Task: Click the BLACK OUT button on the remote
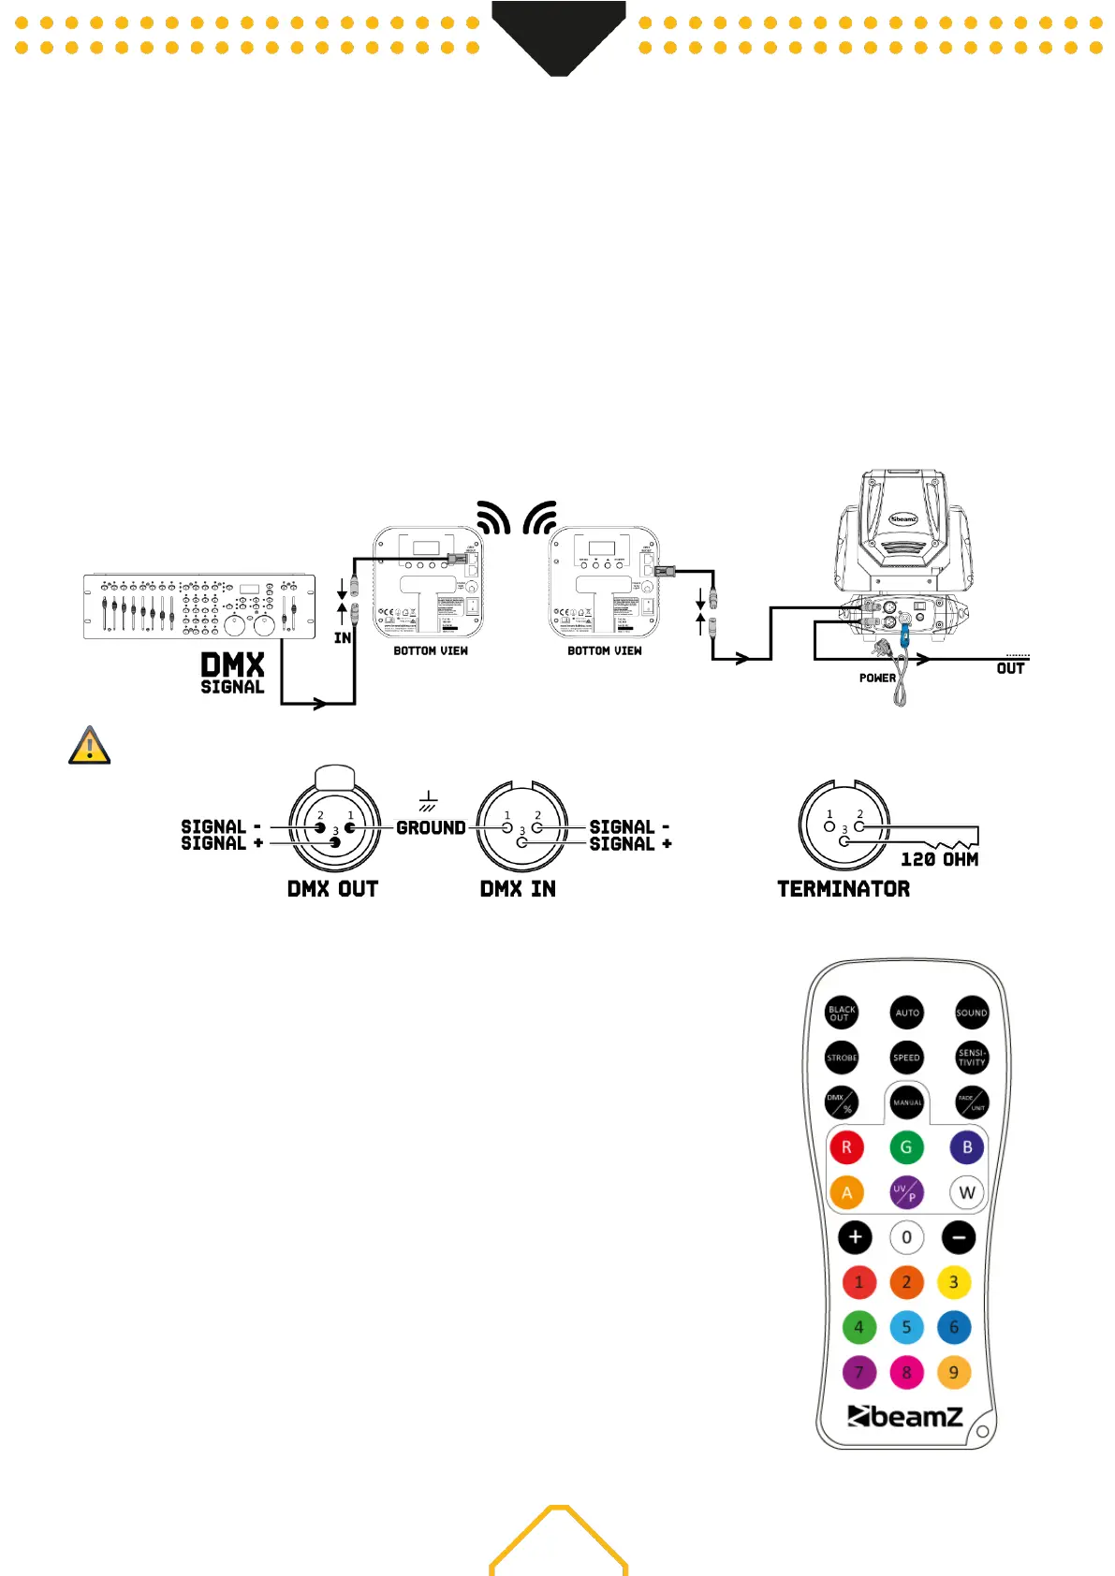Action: pyautogui.click(x=842, y=1013)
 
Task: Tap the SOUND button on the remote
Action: pyautogui.click(x=971, y=1013)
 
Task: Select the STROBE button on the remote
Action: pyautogui.click(x=842, y=1058)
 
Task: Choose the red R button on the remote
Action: pyautogui.click(x=846, y=1147)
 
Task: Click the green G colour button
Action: pyautogui.click(x=906, y=1147)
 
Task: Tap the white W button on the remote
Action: pyautogui.click(x=967, y=1192)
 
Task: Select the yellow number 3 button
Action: pyautogui.click(x=954, y=1282)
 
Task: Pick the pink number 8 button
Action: pyautogui.click(x=906, y=1373)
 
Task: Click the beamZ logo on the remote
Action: pyautogui.click(x=904, y=1417)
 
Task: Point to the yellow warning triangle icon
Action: pyautogui.click(x=90, y=746)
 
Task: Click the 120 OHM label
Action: pyautogui.click(x=939, y=859)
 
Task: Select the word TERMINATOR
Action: pyautogui.click(x=843, y=889)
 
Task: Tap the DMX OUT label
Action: pyautogui.click(x=332, y=889)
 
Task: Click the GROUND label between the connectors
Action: pyautogui.click(x=431, y=828)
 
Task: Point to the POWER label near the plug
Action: pyautogui.click(x=877, y=678)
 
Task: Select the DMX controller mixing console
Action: pyautogui.click(x=198, y=606)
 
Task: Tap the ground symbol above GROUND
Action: pyautogui.click(x=428, y=801)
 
